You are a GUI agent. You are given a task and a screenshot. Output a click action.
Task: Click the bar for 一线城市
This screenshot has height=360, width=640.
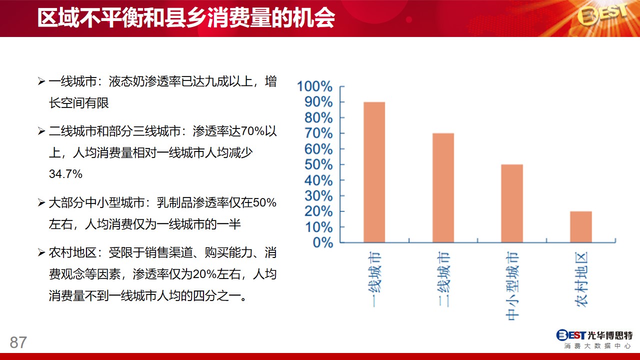[x=374, y=172]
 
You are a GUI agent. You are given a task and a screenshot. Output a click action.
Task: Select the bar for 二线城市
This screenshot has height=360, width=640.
[x=443, y=188]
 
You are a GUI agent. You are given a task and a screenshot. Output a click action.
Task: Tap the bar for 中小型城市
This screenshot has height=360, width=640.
[x=512, y=203]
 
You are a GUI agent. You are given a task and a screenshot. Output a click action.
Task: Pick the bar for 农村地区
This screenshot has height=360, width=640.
[x=581, y=227]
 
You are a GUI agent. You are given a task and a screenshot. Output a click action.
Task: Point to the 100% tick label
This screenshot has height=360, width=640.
[x=314, y=86]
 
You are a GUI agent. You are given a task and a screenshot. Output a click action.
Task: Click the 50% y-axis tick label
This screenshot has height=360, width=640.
[x=318, y=164]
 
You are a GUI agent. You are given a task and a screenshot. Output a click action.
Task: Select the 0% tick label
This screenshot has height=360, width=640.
[x=323, y=243]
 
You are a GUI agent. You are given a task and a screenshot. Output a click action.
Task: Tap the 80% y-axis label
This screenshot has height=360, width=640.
[x=318, y=117]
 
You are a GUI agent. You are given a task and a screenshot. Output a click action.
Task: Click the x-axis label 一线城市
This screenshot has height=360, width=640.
[x=374, y=279]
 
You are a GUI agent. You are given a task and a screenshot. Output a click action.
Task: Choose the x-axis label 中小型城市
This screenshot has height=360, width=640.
[x=512, y=286]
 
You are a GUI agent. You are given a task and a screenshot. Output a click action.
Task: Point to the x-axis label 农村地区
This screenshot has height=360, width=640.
[x=581, y=279]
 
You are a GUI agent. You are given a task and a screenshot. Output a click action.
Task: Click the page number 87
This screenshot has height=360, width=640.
[x=18, y=342]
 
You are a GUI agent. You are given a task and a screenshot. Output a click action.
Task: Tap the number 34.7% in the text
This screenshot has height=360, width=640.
[x=65, y=174]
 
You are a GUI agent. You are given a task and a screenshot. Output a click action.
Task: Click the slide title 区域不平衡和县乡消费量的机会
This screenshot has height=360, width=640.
[x=186, y=18]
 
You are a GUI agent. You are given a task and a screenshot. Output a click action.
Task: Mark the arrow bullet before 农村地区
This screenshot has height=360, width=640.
[x=41, y=253]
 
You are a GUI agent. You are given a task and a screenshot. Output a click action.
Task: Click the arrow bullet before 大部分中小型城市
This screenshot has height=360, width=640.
[x=41, y=203]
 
